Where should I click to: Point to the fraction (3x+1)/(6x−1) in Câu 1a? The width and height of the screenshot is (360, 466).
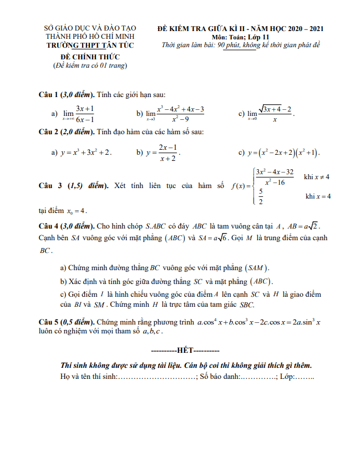point(85,113)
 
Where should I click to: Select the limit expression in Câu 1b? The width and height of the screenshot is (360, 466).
point(176,113)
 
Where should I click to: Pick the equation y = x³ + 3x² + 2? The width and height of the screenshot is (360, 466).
point(86,152)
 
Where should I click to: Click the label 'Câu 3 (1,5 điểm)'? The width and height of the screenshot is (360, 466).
point(73,186)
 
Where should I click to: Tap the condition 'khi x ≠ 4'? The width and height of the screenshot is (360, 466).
point(317,177)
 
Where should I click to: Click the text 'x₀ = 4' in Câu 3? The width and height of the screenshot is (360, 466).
point(77,210)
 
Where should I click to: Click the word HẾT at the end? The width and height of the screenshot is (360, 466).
point(185,351)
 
